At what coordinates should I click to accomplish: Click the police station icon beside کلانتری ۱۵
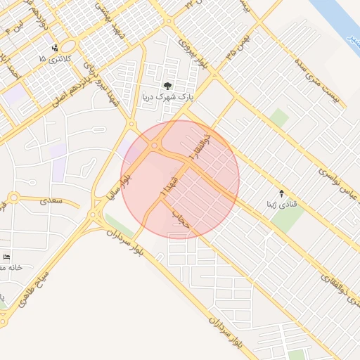click(x=55, y=49)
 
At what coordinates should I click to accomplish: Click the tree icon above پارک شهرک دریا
click(x=167, y=85)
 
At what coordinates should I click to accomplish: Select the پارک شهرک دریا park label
click(x=167, y=96)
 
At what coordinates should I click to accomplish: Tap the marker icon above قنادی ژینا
click(x=282, y=193)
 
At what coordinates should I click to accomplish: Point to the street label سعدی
click(x=51, y=200)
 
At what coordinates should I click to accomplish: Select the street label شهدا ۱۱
click(x=170, y=185)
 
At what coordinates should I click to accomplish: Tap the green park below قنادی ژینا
click(x=287, y=220)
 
